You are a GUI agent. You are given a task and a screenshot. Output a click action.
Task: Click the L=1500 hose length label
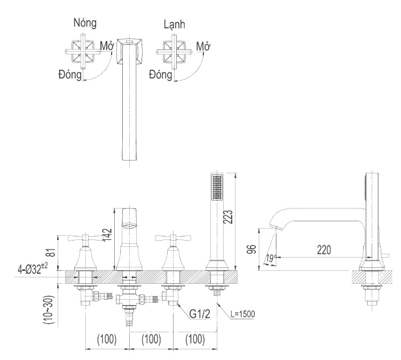tap(243, 313)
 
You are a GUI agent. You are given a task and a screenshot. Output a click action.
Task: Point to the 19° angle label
tap(271, 259)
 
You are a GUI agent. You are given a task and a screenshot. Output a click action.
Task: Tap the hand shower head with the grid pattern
tap(217, 187)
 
